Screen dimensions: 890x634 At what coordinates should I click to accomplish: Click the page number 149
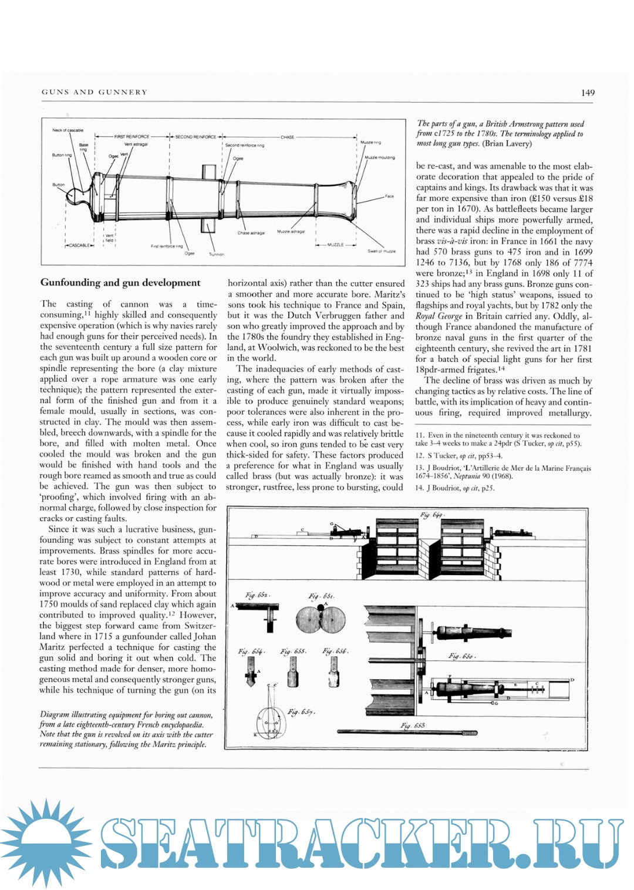[x=588, y=92]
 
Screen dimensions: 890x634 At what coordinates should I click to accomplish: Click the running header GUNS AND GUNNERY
[x=95, y=92]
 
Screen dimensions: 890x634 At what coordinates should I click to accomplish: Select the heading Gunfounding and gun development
[x=120, y=283]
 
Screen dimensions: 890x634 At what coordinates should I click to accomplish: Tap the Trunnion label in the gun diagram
[x=216, y=254]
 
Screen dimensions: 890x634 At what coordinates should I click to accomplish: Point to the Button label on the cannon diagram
[x=59, y=184]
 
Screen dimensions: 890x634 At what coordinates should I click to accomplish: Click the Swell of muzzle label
[x=382, y=251]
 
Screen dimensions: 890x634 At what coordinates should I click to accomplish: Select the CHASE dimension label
[x=287, y=137]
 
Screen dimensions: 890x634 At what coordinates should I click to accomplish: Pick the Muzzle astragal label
[x=291, y=231]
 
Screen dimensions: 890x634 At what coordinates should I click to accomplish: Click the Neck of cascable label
[x=68, y=130]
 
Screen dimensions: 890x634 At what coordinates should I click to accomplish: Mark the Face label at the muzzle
[x=389, y=196]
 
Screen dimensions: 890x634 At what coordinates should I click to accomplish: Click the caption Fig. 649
[x=432, y=515]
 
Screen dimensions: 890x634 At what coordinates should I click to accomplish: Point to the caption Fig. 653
[x=413, y=726]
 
